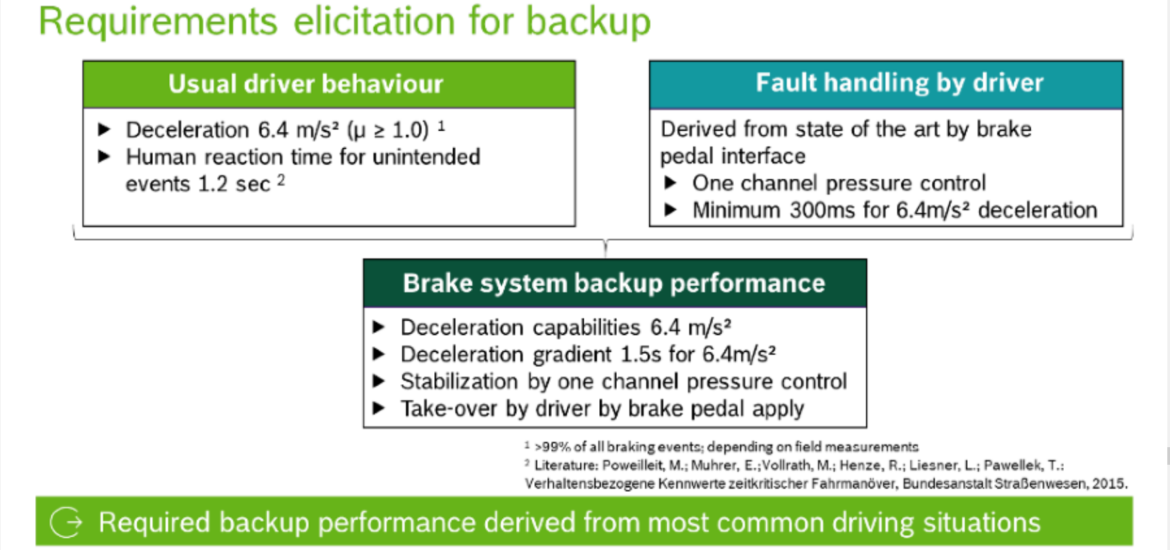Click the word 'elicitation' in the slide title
click(x=375, y=21)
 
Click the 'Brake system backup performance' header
click(x=614, y=283)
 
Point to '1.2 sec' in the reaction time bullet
click(x=233, y=184)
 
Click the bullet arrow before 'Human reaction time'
click(x=104, y=157)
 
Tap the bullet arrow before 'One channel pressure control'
click(x=670, y=183)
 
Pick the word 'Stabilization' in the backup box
click(x=459, y=382)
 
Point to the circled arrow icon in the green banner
click(x=66, y=522)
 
